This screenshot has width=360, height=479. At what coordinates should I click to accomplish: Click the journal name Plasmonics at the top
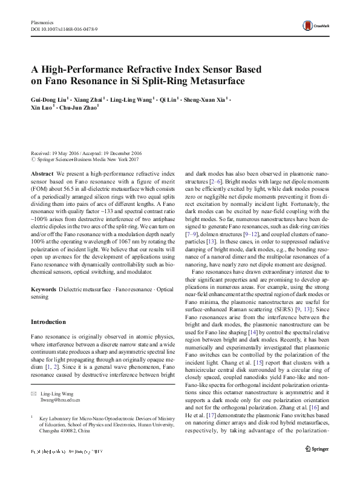(x=43, y=21)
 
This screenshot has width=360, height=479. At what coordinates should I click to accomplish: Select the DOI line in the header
(x=64, y=28)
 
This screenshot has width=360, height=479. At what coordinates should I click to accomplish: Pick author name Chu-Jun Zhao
(x=80, y=107)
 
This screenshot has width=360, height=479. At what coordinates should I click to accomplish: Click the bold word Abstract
(x=41, y=173)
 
